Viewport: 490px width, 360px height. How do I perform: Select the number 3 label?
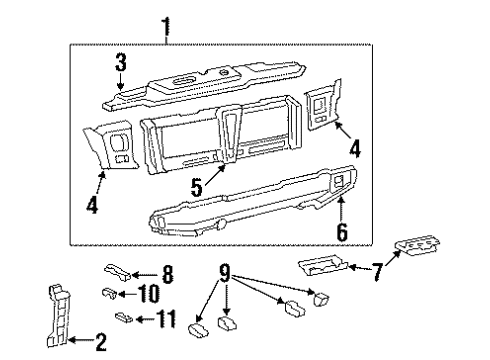(x=119, y=63)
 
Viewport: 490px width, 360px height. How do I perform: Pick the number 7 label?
(x=378, y=271)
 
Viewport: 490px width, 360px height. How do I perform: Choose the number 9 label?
(x=225, y=270)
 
